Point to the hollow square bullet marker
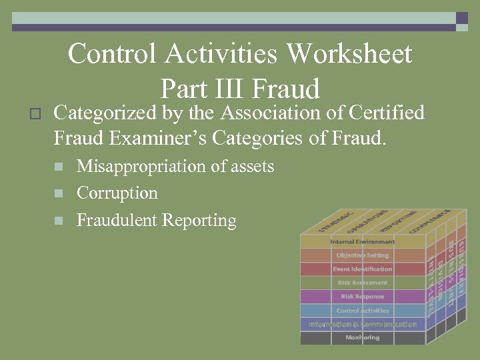click(36, 114)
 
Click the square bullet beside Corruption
click(59, 194)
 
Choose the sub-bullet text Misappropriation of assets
click(175, 166)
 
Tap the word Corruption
click(117, 193)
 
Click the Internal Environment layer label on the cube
click(362, 241)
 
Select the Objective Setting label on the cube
click(362, 255)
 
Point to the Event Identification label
click(362, 269)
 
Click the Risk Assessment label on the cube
click(362, 283)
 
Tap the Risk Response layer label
click(362, 297)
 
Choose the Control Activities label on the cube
click(362, 311)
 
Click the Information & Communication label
click(362, 325)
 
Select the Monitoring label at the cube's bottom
click(362, 338)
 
